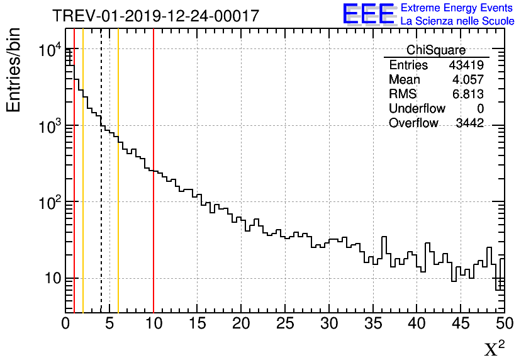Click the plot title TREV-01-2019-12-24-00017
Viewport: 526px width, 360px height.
click(x=155, y=16)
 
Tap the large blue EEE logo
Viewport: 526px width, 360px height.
click(x=369, y=14)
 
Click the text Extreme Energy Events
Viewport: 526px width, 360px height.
click(x=457, y=8)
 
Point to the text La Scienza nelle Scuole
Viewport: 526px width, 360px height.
click(x=457, y=21)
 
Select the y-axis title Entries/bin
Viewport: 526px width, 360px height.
click(x=13, y=70)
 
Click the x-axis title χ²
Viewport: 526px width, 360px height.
click(x=495, y=349)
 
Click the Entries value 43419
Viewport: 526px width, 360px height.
click(x=466, y=65)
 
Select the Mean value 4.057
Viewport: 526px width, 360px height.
click(x=467, y=80)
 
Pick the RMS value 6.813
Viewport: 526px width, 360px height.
click(x=467, y=94)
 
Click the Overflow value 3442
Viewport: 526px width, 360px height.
click(x=469, y=123)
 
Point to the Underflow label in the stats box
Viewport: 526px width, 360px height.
click(x=417, y=109)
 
